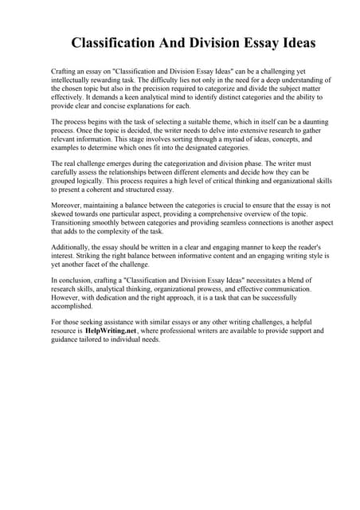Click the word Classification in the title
112,41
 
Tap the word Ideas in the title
292,41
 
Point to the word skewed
63,214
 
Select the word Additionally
72,249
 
